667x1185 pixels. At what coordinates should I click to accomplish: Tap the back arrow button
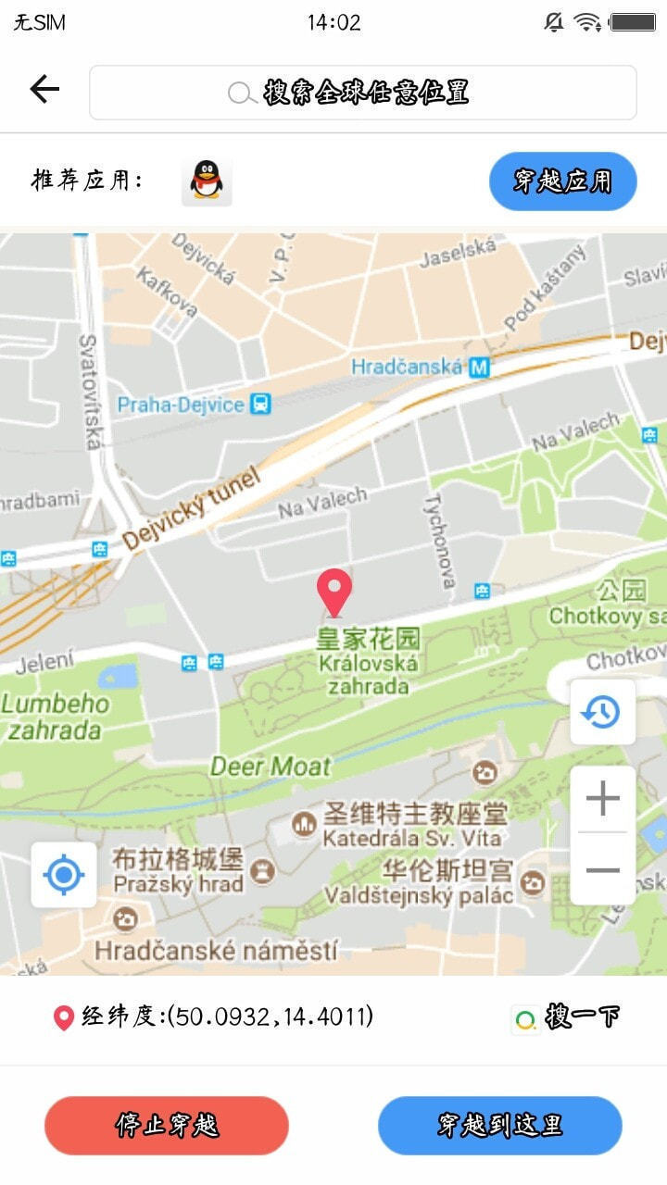(x=44, y=89)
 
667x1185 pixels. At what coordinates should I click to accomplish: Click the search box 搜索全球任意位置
(x=362, y=93)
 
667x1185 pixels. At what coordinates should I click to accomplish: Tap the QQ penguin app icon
(x=207, y=181)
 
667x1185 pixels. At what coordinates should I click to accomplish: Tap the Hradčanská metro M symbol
(x=478, y=368)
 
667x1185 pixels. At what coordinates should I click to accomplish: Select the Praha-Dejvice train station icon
(x=261, y=405)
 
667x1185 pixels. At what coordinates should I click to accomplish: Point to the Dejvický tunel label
(x=191, y=510)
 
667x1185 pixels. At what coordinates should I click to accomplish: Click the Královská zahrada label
(x=368, y=674)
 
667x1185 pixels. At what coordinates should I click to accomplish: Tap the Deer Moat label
(x=271, y=767)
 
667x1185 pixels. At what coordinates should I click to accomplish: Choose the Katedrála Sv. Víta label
(x=412, y=839)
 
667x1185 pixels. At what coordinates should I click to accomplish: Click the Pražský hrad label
(x=178, y=883)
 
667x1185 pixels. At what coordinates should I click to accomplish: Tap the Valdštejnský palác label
(x=419, y=895)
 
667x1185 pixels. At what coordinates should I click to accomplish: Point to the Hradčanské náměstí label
(x=216, y=950)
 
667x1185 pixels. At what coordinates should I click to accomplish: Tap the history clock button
(x=602, y=712)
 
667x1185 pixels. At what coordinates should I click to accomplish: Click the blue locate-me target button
(x=64, y=874)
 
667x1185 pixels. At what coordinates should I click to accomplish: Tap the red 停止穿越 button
(x=167, y=1125)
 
